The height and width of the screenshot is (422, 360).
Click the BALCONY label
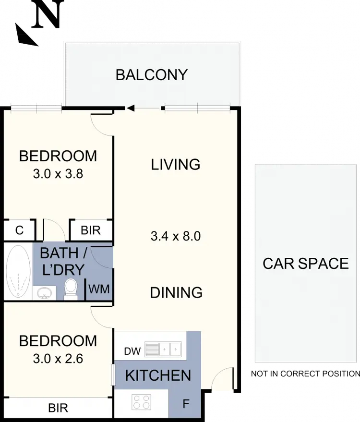[151, 75]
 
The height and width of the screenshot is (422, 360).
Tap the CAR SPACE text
[306, 264]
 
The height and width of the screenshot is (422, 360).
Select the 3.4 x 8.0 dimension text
[175, 236]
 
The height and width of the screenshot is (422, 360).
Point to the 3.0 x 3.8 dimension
[58, 174]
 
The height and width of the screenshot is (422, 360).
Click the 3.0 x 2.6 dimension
[58, 358]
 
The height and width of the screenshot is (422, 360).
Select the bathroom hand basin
[44, 292]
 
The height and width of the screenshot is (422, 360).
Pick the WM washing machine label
[99, 289]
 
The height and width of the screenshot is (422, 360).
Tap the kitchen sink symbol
[163, 349]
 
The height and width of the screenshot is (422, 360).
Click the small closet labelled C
[19, 230]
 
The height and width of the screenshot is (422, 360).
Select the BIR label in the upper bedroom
[91, 230]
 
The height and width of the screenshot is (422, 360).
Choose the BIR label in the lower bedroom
[58, 409]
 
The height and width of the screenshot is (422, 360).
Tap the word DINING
[176, 292]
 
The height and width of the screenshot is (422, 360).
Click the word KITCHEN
[158, 375]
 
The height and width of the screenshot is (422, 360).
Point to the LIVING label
[176, 165]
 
